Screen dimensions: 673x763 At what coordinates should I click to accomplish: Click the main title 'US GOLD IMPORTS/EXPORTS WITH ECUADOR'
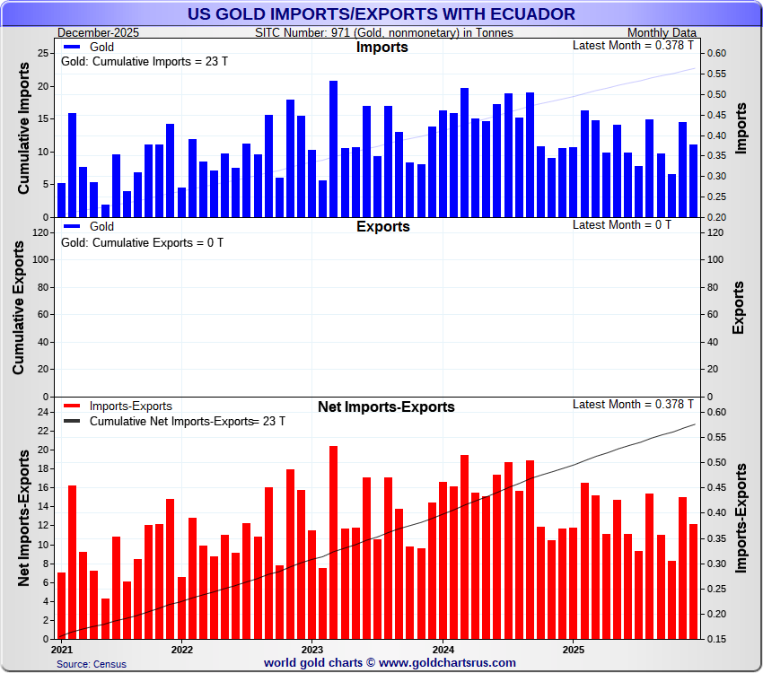tap(381, 13)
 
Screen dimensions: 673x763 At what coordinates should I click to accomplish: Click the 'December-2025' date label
tap(92, 32)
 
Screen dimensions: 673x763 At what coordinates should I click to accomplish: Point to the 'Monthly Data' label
tap(662, 32)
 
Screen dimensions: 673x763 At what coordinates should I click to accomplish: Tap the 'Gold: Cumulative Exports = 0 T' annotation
tap(142, 242)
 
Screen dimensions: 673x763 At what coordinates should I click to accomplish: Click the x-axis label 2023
tap(312, 649)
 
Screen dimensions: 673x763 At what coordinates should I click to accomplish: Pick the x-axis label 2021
tap(63, 649)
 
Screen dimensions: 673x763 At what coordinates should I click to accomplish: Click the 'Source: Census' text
tap(92, 664)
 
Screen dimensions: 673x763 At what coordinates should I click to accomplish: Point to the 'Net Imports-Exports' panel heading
tap(386, 407)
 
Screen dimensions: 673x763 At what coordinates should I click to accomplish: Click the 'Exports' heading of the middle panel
tap(382, 226)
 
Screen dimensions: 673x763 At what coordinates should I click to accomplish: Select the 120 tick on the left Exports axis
tap(39, 232)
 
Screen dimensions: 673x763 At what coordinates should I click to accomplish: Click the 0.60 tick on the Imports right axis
tap(715, 53)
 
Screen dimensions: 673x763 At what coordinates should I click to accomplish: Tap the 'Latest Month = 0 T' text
tap(621, 224)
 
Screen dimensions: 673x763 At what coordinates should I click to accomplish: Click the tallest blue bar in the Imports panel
tap(333, 149)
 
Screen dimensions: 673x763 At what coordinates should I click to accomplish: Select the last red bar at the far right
tap(693, 581)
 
